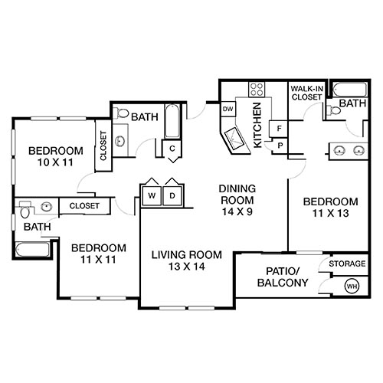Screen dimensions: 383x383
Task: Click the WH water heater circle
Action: (x=352, y=286)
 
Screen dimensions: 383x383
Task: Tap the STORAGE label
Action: (x=347, y=264)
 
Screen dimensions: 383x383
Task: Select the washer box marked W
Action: (x=152, y=196)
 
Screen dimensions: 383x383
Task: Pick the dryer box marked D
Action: (x=172, y=196)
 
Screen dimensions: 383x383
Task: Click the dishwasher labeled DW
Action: (x=228, y=109)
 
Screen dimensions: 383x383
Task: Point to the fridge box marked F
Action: (x=280, y=127)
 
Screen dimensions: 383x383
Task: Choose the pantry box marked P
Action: (x=280, y=145)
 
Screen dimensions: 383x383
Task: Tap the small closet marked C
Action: (x=173, y=148)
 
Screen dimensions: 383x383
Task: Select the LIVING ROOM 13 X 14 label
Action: (x=186, y=260)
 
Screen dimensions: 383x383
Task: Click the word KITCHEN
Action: (x=258, y=126)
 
